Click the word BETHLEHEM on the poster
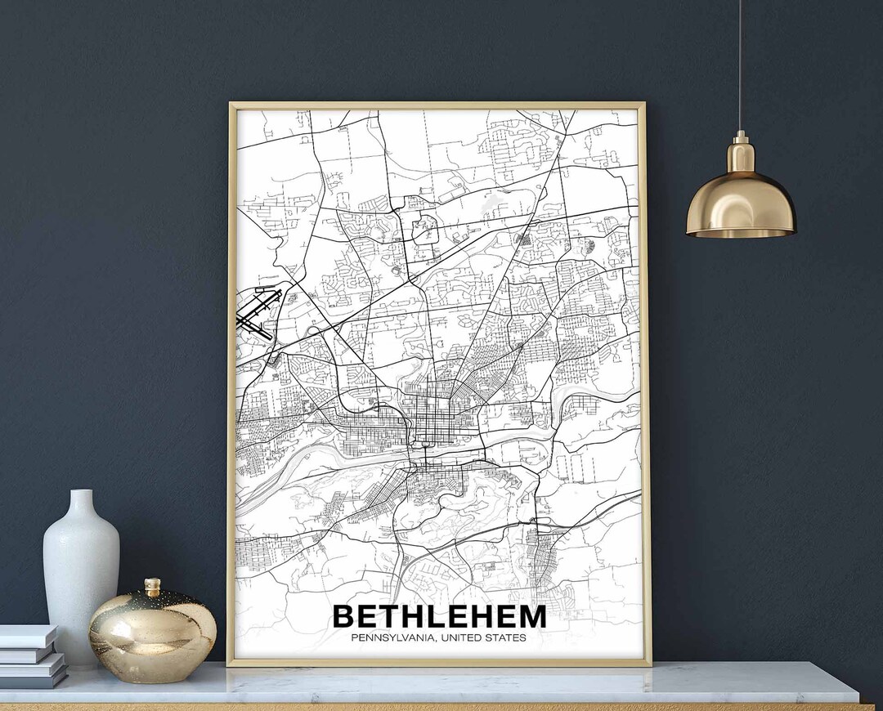pyautogui.click(x=439, y=616)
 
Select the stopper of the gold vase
pyautogui.click(x=152, y=586)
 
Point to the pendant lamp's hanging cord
pyautogui.click(x=740, y=65)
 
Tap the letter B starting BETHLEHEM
pyautogui.click(x=344, y=617)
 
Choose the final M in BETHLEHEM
pyautogui.click(x=532, y=617)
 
